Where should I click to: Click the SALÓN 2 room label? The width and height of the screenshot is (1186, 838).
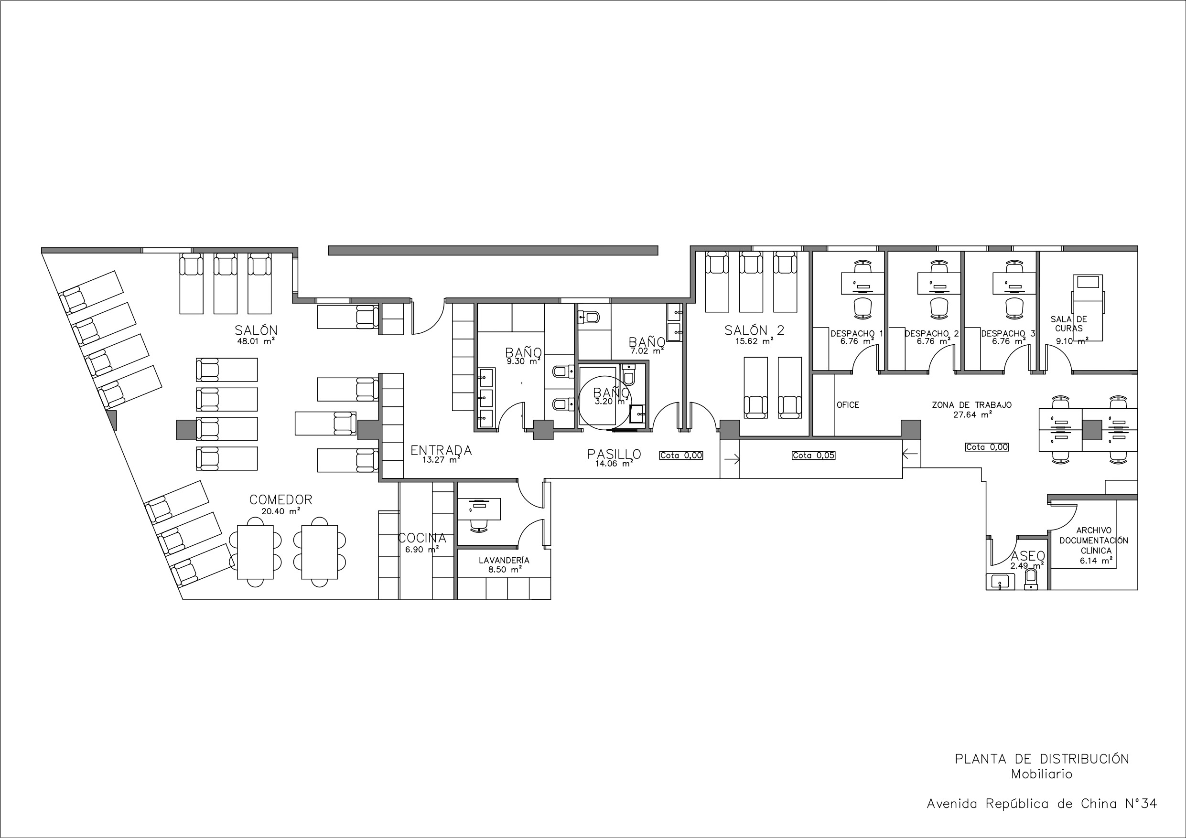(754, 330)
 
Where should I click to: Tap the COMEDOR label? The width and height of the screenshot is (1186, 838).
(281, 500)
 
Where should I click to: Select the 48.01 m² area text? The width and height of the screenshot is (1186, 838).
(256, 341)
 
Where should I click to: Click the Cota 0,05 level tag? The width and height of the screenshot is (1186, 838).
(814, 456)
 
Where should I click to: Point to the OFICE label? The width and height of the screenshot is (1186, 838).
(848, 405)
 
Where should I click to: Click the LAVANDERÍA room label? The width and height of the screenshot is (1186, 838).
(504, 560)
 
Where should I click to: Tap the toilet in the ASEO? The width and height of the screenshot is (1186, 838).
(1031, 578)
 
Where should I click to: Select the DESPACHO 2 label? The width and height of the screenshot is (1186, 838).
(932, 334)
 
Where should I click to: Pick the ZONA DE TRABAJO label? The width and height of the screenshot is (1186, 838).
(971, 405)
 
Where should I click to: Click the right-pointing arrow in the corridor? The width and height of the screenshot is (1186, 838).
(732, 458)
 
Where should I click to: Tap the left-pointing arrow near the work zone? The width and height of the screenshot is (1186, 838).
(910, 454)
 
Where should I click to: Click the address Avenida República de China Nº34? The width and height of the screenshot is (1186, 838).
(1042, 804)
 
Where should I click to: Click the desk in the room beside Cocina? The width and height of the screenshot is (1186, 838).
(479, 509)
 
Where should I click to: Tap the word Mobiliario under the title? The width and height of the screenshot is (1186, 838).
(1042, 774)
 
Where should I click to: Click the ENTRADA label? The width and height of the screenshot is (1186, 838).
(441, 451)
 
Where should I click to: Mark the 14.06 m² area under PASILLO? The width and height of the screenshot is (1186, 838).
(614, 464)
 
